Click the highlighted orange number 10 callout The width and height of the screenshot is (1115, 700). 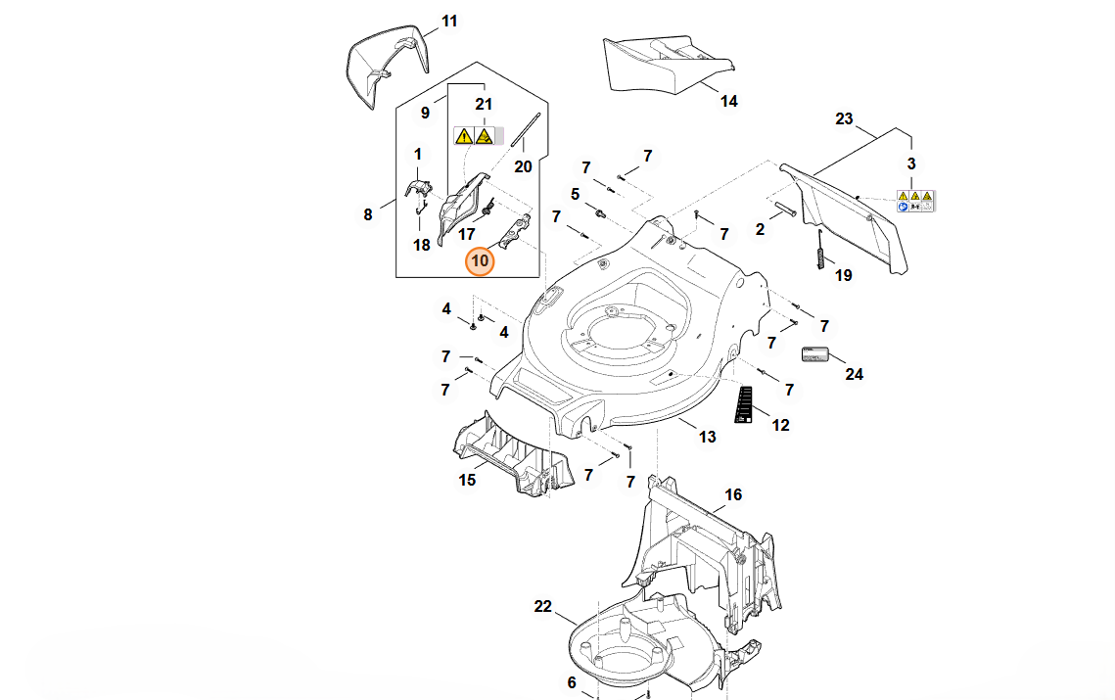(x=481, y=261)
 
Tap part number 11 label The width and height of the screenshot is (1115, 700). (x=449, y=21)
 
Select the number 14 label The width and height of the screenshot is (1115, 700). (x=728, y=101)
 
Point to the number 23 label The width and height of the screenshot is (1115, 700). (x=844, y=119)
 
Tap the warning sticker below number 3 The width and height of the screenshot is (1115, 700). (x=915, y=201)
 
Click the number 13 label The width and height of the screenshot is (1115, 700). (x=707, y=436)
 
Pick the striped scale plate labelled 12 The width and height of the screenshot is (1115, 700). (x=743, y=404)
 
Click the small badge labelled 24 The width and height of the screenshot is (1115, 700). (x=815, y=353)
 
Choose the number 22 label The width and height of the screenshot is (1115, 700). (x=543, y=606)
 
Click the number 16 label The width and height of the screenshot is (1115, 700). (x=733, y=494)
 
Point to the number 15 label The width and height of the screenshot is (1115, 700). (x=467, y=479)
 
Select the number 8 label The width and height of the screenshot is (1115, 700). (x=368, y=214)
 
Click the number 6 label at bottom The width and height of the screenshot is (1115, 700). (x=572, y=682)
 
